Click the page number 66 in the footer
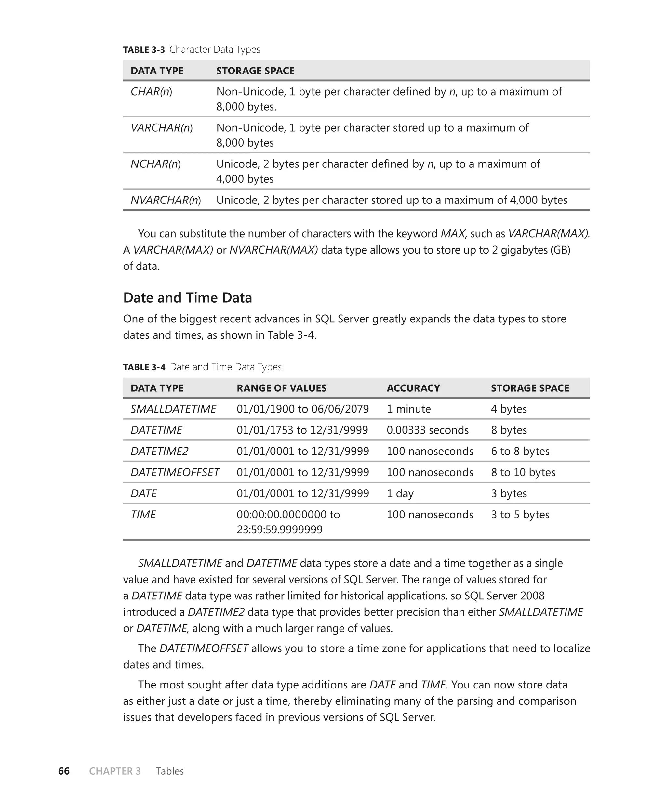pos(64,771)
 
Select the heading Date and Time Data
pos(187,298)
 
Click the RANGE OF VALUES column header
pos(281,388)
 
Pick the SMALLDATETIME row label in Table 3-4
pos(173,409)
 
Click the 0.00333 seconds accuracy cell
pos(427,430)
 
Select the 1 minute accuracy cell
pos(408,409)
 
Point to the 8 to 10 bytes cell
pos(523,472)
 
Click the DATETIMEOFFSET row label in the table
pos(175,472)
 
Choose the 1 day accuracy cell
pos(400,493)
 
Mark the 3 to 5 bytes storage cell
pos(520,515)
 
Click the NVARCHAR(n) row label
pos(165,200)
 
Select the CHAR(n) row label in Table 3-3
pos(151,92)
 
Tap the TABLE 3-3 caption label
pos(144,50)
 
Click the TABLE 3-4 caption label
pos(144,367)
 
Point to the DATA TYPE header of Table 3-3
pos(157,71)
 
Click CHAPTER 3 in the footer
pos(115,771)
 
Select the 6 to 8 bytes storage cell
pos(520,451)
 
